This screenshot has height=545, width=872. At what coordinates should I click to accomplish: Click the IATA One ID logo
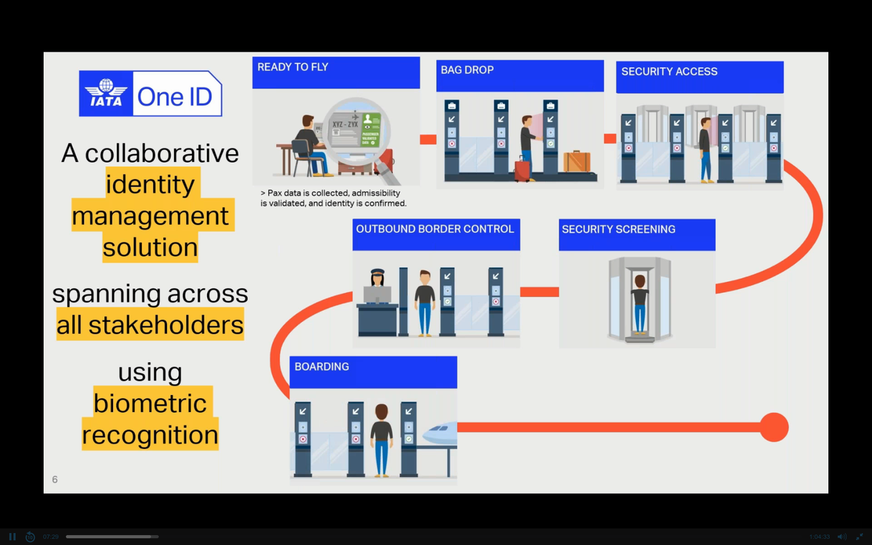coord(150,94)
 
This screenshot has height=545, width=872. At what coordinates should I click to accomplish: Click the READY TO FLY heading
coord(293,67)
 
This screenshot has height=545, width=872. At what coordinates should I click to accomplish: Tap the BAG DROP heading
coord(467,69)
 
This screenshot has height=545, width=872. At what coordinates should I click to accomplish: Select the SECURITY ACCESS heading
coord(669,72)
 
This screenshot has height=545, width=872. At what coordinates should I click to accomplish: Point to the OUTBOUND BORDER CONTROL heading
coord(435,229)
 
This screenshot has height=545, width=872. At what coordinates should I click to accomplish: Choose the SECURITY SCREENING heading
coord(619,230)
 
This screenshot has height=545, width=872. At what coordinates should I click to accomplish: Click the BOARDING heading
coord(322,367)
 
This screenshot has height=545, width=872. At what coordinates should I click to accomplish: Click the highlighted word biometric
coord(150,403)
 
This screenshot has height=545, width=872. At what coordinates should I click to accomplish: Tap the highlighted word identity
coord(151,184)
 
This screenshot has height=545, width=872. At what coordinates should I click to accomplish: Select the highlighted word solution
coord(151,247)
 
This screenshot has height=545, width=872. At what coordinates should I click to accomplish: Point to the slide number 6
coord(55,480)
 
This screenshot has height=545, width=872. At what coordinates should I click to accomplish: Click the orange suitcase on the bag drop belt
coord(577,161)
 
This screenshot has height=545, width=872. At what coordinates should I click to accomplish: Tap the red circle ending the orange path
coord(773,428)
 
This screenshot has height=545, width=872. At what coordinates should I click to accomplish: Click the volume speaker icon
coord(842,537)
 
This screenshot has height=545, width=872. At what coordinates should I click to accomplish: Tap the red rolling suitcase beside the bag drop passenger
coord(522,169)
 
